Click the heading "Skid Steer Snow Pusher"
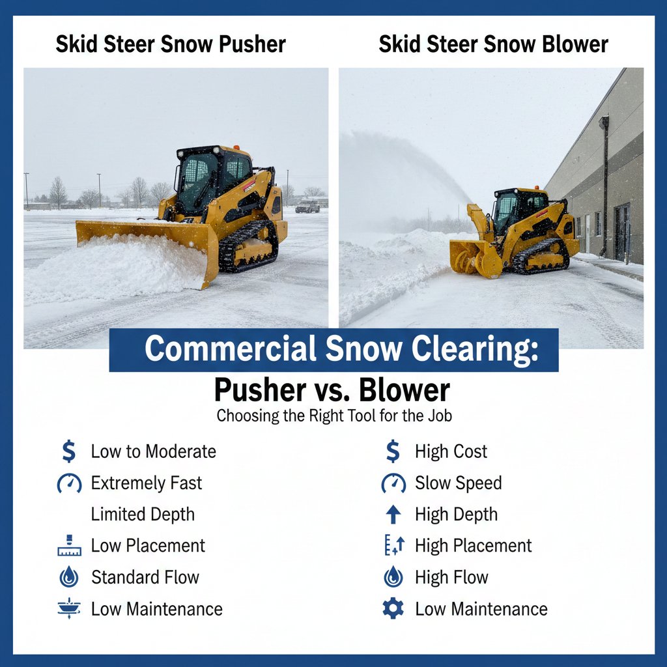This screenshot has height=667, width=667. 171,44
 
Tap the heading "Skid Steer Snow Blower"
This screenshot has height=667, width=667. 493,44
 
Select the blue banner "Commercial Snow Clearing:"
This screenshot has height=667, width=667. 333,350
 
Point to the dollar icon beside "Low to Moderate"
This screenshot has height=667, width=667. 68,451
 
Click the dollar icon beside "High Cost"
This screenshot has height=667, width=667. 393,451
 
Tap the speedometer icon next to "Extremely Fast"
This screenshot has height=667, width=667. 69,483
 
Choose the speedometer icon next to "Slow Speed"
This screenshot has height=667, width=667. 393,483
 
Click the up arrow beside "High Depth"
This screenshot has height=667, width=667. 393,515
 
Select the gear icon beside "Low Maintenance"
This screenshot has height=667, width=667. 393,609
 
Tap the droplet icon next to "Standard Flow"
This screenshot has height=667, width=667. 69,577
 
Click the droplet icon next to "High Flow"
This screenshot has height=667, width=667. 393,577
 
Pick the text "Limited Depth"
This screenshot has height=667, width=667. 143,515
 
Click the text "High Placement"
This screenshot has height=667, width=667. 473,546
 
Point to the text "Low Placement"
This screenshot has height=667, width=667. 148,546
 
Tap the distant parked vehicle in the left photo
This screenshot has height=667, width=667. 307,206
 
